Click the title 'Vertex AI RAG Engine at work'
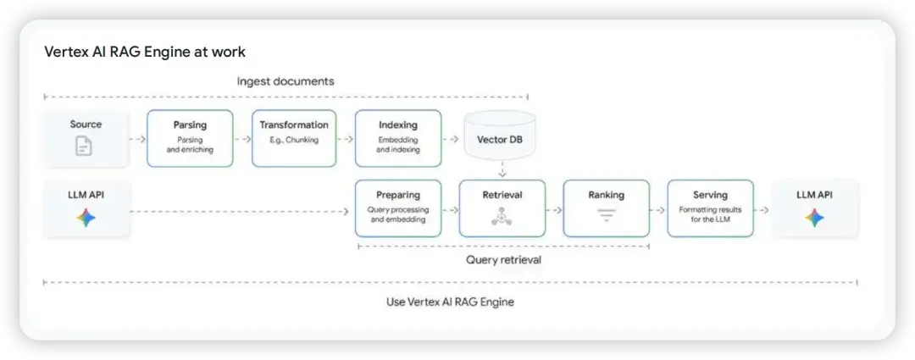(x=145, y=53)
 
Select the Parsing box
(x=190, y=137)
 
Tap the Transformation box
(x=294, y=137)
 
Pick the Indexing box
(x=398, y=137)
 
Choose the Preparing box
(x=398, y=208)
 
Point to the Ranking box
(x=606, y=208)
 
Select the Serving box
(x=710, y=208)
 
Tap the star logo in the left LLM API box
(x=86, y=218)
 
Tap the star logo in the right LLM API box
(x=814, y=218)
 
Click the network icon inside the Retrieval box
(x=502, y=217)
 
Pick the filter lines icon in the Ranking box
(x=606, y=217)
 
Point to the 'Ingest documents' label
(x=286, y=81)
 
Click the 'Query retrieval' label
(x=503, y=260)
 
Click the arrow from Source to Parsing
(x=137, y=138)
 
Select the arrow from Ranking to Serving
(x=658, y=209)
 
